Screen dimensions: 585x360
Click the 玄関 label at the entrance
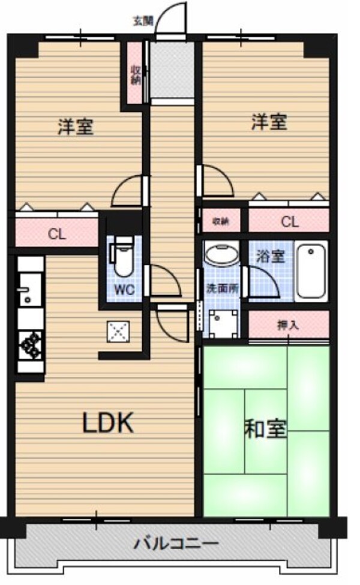point(143,22)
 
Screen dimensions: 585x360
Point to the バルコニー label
point(176,545)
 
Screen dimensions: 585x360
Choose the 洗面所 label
point(221,287)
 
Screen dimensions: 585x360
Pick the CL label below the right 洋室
point(289,222)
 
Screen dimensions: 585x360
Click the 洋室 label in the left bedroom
point(76,127)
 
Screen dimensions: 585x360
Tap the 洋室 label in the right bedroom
point(268,122)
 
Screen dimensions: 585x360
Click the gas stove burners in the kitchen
point(30,345)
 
